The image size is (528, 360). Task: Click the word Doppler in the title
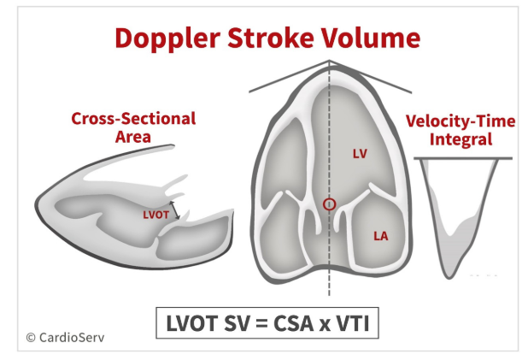tap(167, 38)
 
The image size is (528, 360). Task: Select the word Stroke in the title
tap(271, 38)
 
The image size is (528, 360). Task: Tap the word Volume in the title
tap(371, 38)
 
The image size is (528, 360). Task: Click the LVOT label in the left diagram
tap(155, 215)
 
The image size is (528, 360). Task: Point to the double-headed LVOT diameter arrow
tap(174, 210)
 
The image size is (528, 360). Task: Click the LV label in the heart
tap(360, 154)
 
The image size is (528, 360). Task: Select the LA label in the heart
tap(381, 236)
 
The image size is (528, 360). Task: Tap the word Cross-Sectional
tap(133, 119)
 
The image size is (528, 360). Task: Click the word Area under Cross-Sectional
tap(133, 137)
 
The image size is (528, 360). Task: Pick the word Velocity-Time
tap(461, 121)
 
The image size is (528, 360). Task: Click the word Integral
tap(461, 139)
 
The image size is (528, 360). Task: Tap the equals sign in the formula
tap(261, 323)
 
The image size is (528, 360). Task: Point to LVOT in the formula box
tap(191, 323)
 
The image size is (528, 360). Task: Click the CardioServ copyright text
tap(65, 338)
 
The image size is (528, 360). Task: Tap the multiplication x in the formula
tap(325, 325)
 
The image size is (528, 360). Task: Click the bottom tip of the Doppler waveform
tap(449, 279)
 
